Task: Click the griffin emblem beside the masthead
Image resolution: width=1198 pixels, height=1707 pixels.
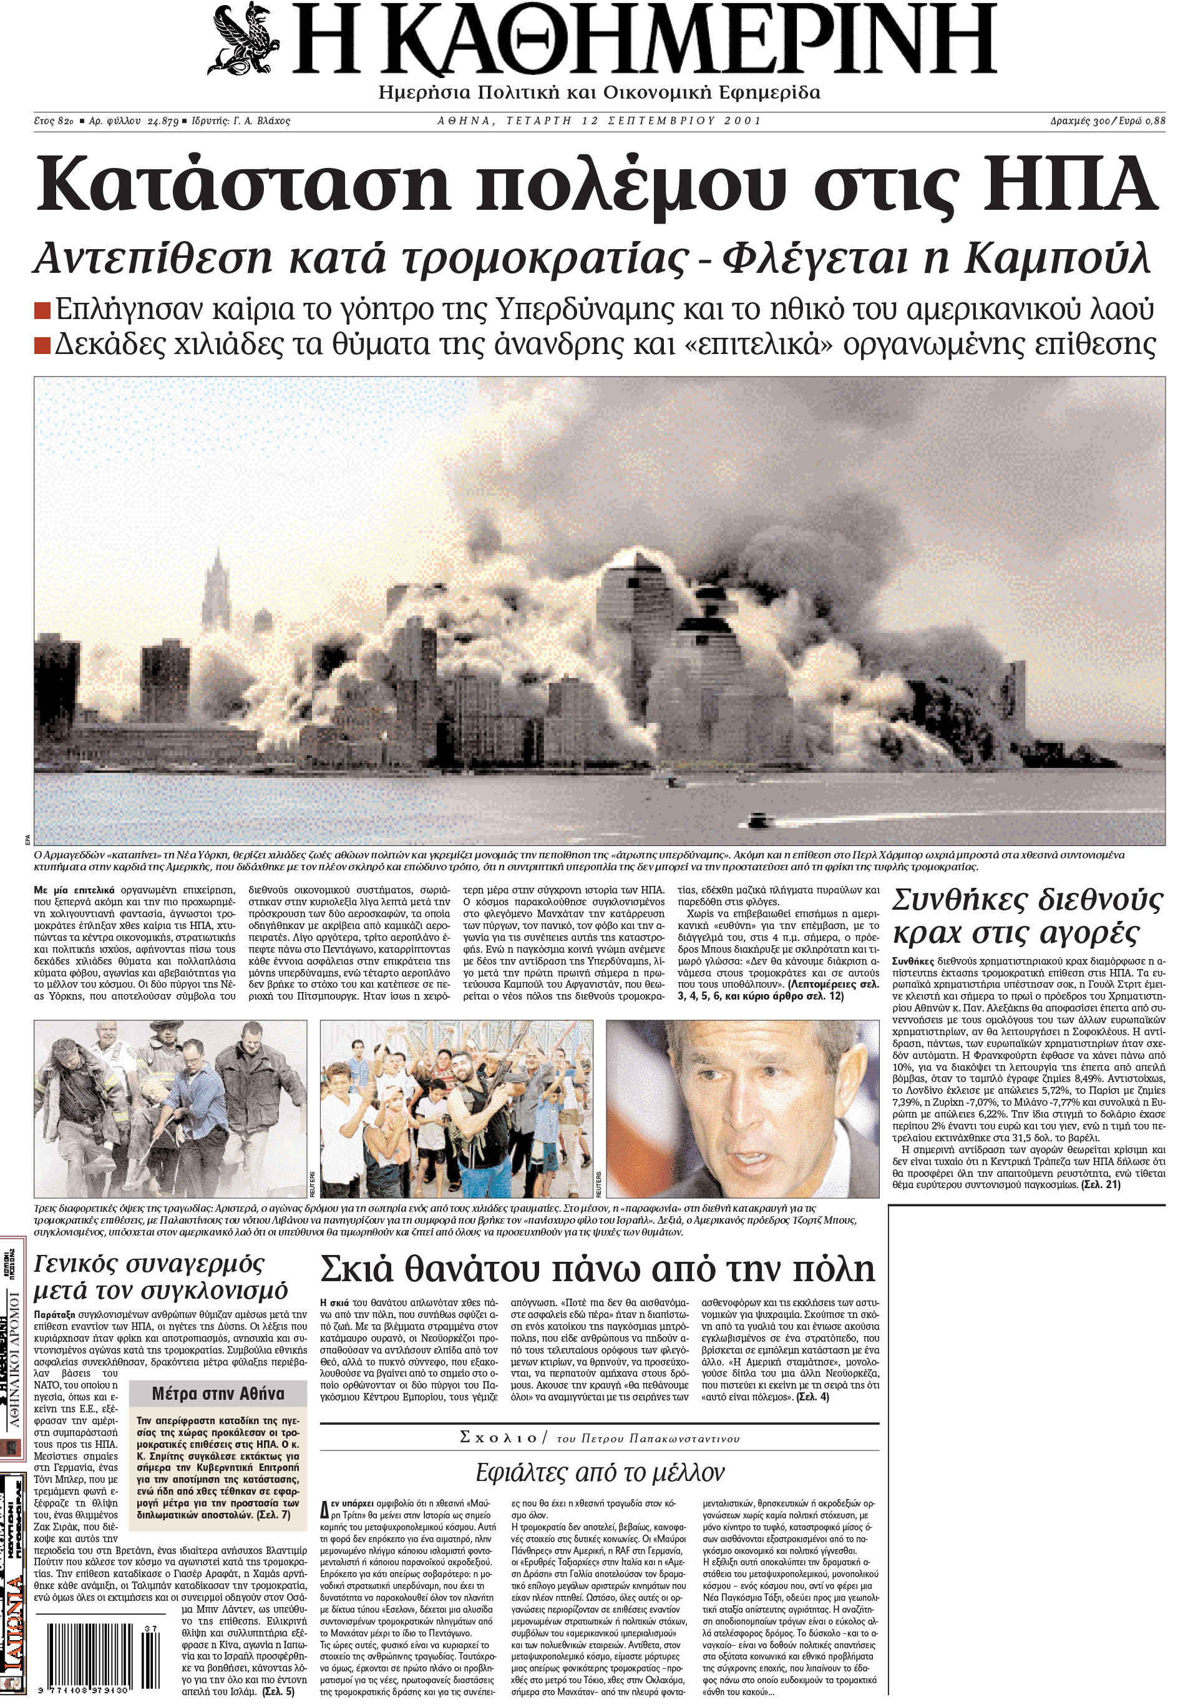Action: coord(245,39)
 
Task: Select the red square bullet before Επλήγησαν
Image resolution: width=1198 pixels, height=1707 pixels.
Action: coord(43,309)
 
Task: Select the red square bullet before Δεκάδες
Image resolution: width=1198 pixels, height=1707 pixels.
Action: coord(43,345)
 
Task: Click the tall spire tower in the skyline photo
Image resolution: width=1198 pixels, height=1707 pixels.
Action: coord(217,595)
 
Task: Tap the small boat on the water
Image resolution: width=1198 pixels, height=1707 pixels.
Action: coord(764,821)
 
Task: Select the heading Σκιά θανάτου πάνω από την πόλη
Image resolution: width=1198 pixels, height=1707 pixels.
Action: coord(598,1269)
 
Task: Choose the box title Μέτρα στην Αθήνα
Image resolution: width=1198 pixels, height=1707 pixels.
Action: coord(218,1393)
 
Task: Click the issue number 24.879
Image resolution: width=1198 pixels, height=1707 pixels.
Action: coord(163,121)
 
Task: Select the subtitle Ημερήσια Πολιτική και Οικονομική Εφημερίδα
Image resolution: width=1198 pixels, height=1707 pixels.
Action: coord(599,93)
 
